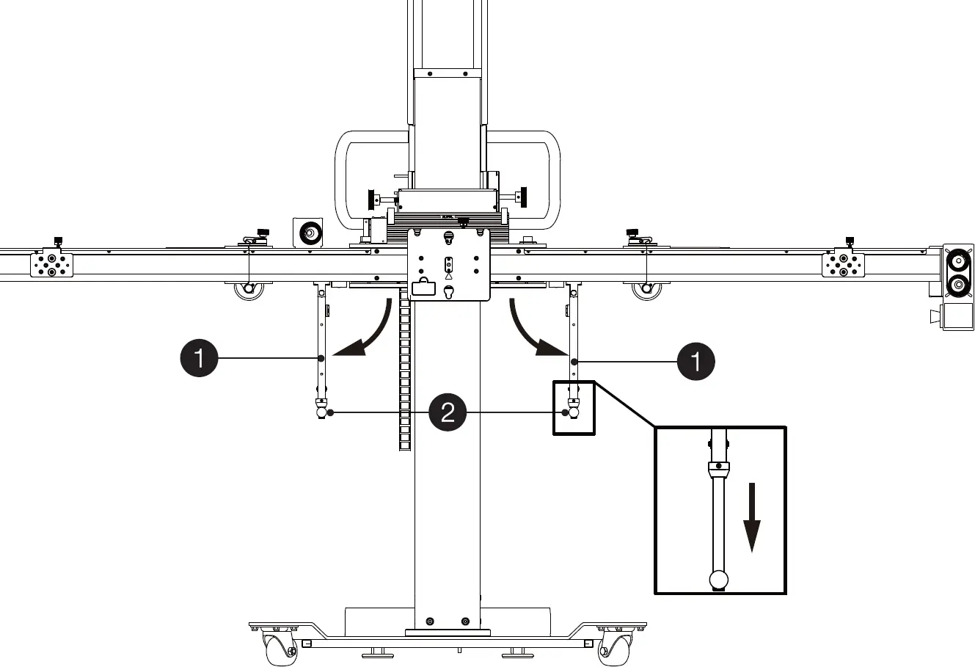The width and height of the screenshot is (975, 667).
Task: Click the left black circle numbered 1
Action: click(x=198, y=358)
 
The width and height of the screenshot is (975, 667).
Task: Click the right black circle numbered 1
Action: click(x=695, y=361)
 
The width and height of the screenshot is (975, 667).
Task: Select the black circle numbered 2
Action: click(x=448, y=412)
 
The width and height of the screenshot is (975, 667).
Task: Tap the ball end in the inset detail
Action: click(x=719, y=580)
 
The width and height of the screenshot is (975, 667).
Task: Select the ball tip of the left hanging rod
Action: click(x=321, y=413)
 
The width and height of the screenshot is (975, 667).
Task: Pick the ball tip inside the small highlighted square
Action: click(x=573, y=413)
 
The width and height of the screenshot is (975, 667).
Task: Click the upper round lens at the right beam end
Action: click(x=957, y=261)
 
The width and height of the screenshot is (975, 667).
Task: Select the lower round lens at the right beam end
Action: click(x=957, y=285)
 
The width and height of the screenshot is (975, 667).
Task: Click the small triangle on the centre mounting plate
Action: click(x=448, y=276)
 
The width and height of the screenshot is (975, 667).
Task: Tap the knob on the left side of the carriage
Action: click(x=371, y=199)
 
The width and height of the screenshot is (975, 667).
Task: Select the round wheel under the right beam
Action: click(x=646, y=288)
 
